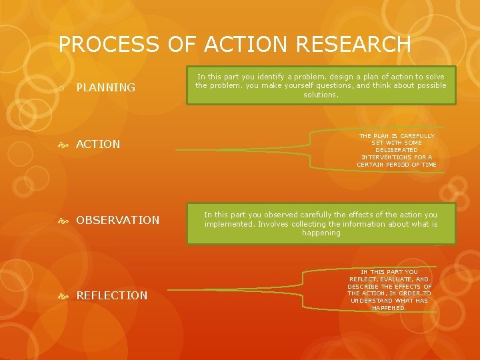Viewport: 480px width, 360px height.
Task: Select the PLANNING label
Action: coord(106,87)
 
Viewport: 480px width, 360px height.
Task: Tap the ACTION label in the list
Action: coord(99,144)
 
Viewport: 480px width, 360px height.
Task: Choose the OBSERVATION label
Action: coord(118,220)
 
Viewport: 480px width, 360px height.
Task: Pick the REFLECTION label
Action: coord(112,295)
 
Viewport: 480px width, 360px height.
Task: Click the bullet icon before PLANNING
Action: coord(61,88)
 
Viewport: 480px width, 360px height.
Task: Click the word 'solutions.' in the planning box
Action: coord(321,95)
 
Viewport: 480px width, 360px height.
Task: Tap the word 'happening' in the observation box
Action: coord(321,233)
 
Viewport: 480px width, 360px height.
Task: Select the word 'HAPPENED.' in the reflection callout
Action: coord(389,308)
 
